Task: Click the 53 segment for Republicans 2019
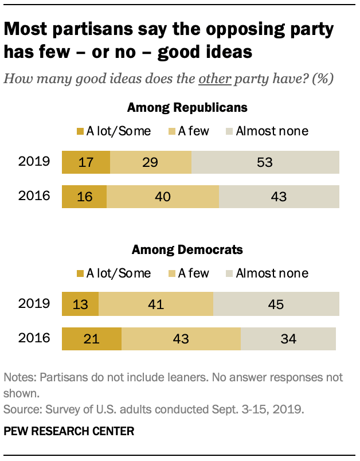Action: [x=265, y=162]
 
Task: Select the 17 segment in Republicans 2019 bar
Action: [x=85, y=162]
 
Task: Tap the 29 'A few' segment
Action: [x=150, y=162]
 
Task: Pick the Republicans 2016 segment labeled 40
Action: [x=163, y=196]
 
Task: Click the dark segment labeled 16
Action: [x=84, y=196]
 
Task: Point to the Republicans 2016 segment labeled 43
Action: [x=279, y=196]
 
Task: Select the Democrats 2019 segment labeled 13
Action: [x=80, y=304]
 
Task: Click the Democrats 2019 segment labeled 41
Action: [x=156, y=304]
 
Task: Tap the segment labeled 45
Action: [x=276, y=304]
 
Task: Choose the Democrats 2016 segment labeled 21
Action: [x=92, y=338]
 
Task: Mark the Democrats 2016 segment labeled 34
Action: [x=288, y=338]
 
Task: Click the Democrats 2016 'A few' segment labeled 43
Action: [x=181, y=338]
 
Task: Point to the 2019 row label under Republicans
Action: [x=34, y=162]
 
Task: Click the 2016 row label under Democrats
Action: [x=34, y=338]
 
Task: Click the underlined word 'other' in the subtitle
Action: [x=214, y=79]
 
